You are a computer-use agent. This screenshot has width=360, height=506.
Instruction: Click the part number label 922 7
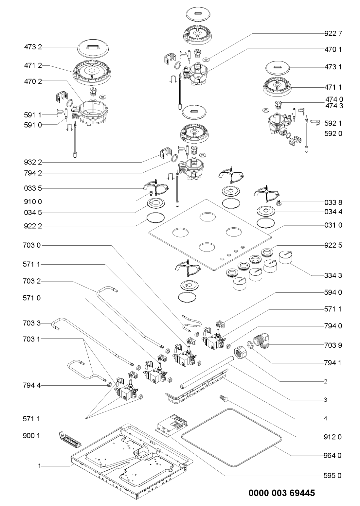click(333, 34)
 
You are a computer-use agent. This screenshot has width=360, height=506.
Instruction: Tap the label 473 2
click(33, 47)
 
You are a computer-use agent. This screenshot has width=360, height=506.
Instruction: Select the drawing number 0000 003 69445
click(281, 493)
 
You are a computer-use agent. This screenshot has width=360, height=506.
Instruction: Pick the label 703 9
click(333, 345)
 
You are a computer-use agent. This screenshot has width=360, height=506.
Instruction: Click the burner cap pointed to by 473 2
click(93, 48)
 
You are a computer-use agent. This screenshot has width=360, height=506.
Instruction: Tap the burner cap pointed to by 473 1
click(277, 68)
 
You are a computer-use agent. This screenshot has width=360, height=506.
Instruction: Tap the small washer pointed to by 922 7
click(206, 60)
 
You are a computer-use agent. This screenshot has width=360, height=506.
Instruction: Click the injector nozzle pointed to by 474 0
click(278, 105)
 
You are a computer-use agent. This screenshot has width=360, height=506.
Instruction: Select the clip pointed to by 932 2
click(166, 153)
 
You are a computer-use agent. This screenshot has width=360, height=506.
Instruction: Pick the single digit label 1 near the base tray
click(40, 466)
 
